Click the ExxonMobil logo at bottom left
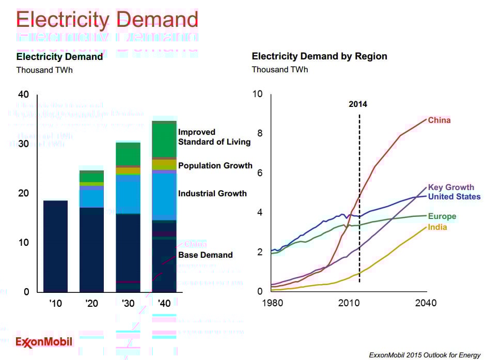click(x=44, y=342)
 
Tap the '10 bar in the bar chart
click(x=55, y=246)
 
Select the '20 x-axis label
click(x=91, y=303)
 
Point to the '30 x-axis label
click(x=128, y=303)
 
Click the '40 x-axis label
click(x=164, y=303)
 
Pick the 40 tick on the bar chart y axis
click(x=24, y=95)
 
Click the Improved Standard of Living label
click(x=214, y=137)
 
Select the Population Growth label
click(x=215, y=166)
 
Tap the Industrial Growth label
click(x=212, y=194)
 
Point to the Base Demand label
click(x=205, y=255)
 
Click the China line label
click(x=439, y=120)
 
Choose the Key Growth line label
click(x=451, y=187)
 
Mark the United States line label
click(x=455, y=197)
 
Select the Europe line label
click(x=442, y=216)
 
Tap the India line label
click(x=437, y=227)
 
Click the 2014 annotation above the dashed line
click(x=358, y=104)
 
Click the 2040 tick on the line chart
click(x=426, y=303)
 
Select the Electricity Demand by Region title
click(x=319, y=56)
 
